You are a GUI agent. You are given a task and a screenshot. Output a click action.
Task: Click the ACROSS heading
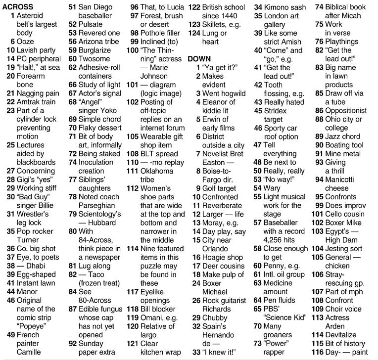[17, 7]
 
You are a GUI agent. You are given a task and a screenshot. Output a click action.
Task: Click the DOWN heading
[199, 58]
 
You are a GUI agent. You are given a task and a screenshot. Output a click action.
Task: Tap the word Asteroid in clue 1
[33, 16]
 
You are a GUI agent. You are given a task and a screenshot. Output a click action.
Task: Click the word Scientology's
[100, 214]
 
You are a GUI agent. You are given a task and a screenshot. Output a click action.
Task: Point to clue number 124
[194, 33]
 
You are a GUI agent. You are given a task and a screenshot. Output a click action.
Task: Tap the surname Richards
[217, 309]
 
